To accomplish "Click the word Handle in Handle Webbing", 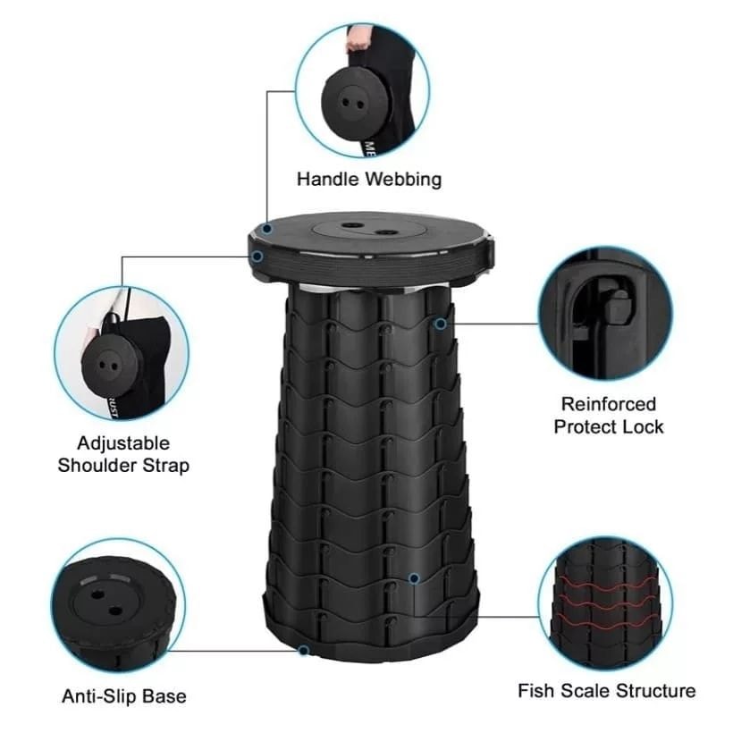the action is [328, 179].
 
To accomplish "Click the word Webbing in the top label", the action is [403, 180].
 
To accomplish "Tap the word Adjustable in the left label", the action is [123, 443].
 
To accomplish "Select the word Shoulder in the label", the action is [97, 466].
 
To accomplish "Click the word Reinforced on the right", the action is [609, 404].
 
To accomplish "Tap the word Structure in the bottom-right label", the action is [656, 691].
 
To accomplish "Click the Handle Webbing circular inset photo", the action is [362, 90].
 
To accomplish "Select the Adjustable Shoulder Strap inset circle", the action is [122, 353].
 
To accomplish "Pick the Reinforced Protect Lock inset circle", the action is [605, 314].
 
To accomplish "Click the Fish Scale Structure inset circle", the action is [605, 603].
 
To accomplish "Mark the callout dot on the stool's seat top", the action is [267, 229].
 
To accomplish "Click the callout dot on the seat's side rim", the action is [257, 257].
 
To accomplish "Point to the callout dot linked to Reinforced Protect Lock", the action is [441, 324].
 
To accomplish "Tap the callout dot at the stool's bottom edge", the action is [304, 650].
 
